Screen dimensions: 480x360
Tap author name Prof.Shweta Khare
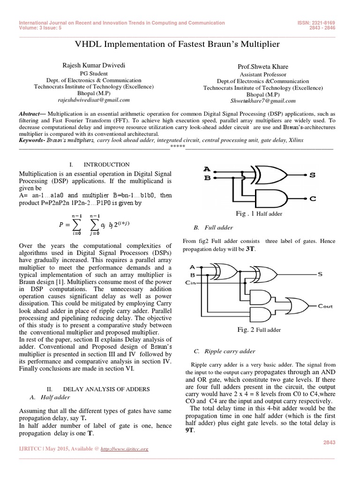pyautogui.click(x=262, y=67)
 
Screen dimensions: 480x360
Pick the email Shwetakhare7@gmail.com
pyautogui.click(x=262, y=101)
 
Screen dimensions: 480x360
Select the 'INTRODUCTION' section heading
pyautogui.click(x=106, y=165)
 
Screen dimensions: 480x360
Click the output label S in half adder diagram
pyautogui.click(x=313, y=175)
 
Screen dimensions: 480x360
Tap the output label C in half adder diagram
pyautogui.click(x=313, y=199)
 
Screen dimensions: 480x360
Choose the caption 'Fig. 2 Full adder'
pyautogui.click(x=259, y=330)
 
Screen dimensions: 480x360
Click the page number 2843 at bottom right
pyautogui.click(x=330, y=442)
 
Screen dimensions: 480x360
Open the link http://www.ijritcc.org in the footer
pyautogui.click(x=125, y=449)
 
